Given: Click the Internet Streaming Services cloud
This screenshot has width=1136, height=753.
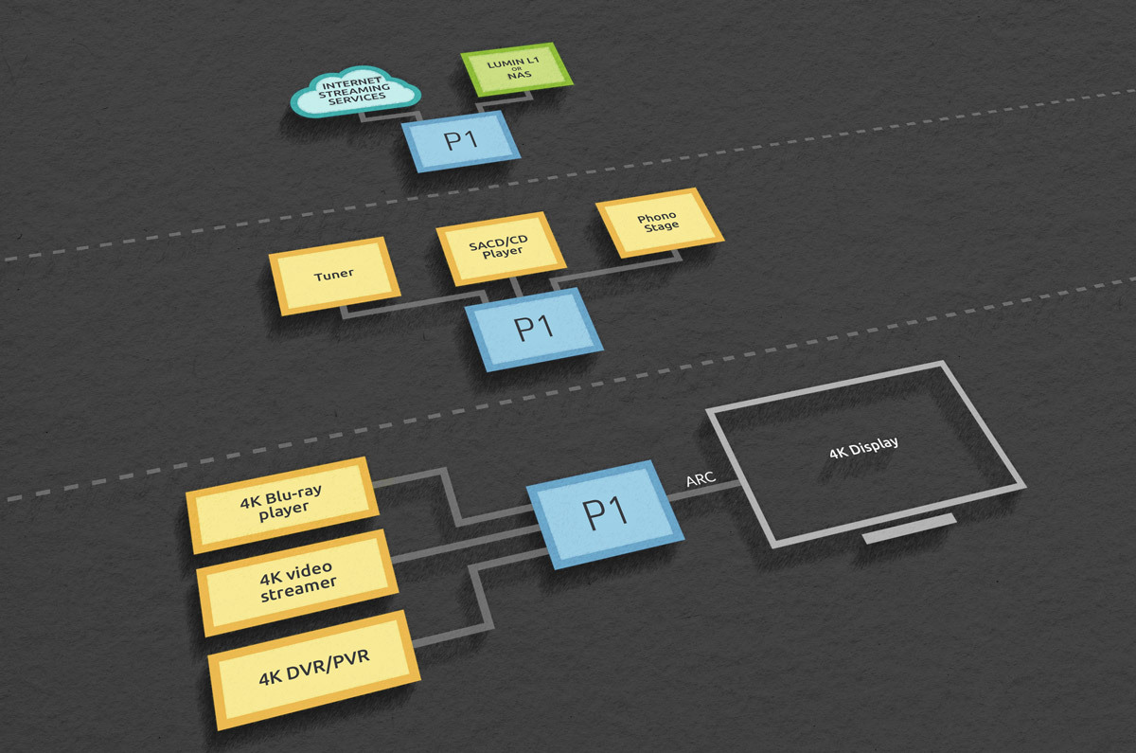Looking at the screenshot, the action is [355, 92].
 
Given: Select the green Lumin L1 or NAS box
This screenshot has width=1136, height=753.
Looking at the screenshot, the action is [516, 69].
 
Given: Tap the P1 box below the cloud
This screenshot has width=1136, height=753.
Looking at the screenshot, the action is [460, 141].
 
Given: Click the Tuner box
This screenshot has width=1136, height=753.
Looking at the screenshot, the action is [334, 276].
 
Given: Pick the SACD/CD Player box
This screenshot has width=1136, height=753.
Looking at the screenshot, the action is [501, 247].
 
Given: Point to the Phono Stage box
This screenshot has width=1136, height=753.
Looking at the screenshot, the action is [659, 223].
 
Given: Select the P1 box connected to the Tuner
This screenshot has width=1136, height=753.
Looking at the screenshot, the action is [534, 329].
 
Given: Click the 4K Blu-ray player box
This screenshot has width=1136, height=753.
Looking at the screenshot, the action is [282, 504].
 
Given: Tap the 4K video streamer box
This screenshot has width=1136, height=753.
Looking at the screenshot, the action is [297, 582].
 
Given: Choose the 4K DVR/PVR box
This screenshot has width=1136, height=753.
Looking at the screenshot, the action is [314, 670].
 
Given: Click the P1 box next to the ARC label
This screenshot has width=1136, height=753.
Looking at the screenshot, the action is [605, 514].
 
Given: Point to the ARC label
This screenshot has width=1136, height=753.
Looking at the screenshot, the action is [701, 479].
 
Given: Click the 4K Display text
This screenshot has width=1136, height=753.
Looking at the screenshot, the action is [863, 447].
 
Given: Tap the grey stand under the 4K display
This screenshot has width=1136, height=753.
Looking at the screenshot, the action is [910, 529].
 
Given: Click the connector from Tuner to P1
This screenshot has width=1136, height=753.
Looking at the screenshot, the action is [411, 304].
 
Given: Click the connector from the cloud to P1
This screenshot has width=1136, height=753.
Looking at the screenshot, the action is [390, 117].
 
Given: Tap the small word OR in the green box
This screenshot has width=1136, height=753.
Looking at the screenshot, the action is [517, 69].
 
